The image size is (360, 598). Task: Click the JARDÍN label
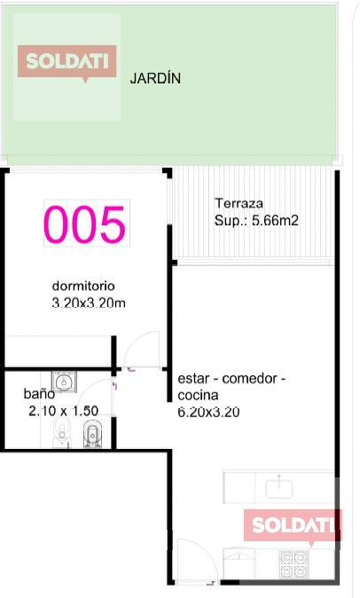[155, 78]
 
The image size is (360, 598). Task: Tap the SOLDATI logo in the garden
[67, 62]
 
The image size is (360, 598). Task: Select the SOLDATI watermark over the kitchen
[293, 525]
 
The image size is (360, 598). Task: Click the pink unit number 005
[84, 224]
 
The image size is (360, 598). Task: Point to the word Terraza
[239, 203]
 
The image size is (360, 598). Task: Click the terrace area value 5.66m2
[275, 220]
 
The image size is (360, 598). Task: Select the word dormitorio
[83, 286]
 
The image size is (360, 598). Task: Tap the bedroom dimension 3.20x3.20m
[89, 303]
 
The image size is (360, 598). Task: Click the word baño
[39, 394]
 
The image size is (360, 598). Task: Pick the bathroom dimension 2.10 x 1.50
[63, 411]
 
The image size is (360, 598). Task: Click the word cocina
[198, 395]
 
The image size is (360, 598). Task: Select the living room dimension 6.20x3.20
[208, 412]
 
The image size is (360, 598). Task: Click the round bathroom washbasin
[64, 381]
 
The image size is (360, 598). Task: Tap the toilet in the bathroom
[62, 432]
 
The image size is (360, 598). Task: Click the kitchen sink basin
[278, 488]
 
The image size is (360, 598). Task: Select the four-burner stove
[293, 563]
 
